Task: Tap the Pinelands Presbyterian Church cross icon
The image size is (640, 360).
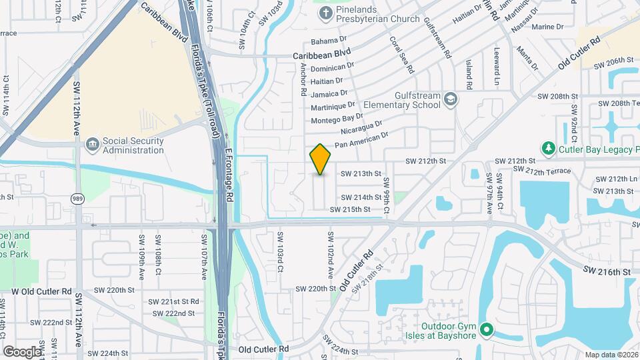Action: tap(325, 13)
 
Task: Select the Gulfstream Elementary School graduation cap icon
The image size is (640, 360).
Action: tap(451, 99)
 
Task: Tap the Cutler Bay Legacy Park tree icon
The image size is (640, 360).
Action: tap(548, 147)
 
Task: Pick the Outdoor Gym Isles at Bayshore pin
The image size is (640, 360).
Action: tap(487, 329)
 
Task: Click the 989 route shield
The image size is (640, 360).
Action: tap(77, 198)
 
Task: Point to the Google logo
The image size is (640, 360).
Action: tap(23, 351)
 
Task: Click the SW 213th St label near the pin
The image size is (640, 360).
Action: tap(361, 173)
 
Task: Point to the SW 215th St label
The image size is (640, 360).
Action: tap(350, 209)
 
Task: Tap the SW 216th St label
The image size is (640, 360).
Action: tap(606, 272)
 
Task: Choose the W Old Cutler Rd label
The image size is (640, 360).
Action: tap(41, 291)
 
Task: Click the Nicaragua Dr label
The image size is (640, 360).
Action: tap(361, 128)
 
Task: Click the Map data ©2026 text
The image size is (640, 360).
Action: tap(611, 355)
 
